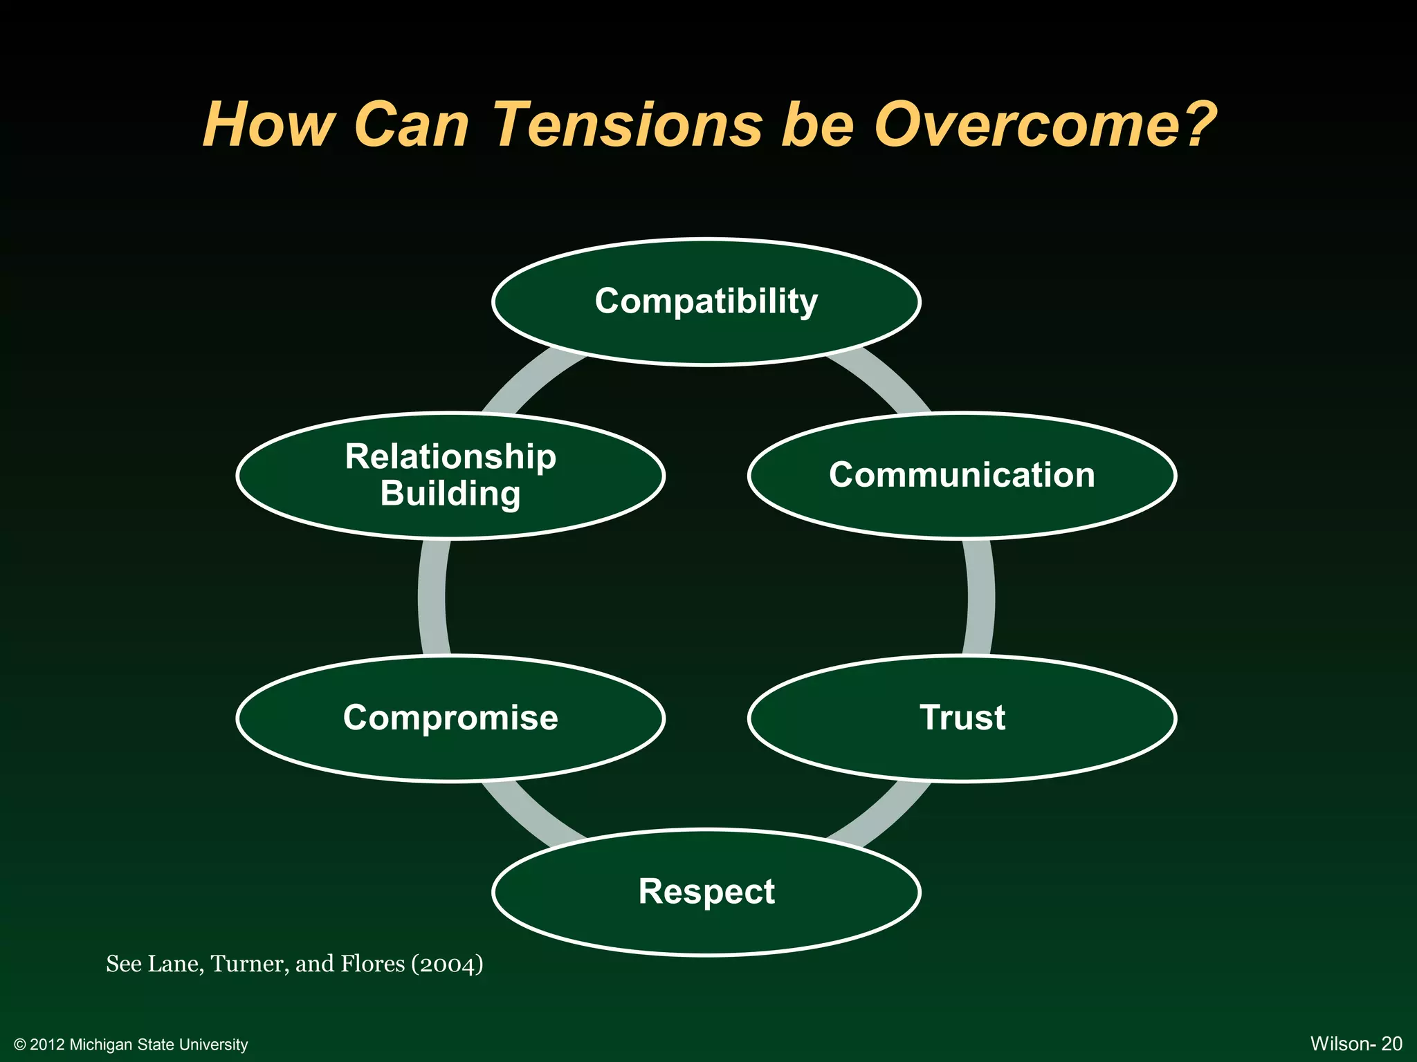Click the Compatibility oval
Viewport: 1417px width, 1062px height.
coord(706,301)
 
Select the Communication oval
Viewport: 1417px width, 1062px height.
coord(962,475)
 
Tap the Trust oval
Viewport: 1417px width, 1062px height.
coord(962,718)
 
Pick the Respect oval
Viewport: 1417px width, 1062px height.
coord(706,891)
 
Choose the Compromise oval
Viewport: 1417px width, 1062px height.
coord(450,718)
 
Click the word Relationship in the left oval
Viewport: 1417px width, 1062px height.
coord(450,457)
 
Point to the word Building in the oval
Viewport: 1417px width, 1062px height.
coord(450,494)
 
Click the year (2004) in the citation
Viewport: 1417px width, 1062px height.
coord(447,964)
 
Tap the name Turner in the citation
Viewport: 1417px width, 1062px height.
coord(249,964)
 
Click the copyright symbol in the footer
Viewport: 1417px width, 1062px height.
coord(20,1045)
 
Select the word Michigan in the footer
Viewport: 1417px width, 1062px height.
coord(101,1045)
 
